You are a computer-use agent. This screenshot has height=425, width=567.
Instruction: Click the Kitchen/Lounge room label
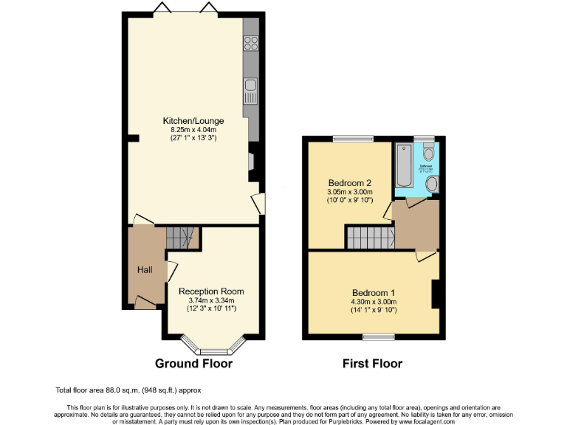coord(193,121)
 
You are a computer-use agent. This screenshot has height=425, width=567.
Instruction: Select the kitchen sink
coord(251,91)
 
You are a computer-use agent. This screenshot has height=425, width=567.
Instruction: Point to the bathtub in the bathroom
coord(404,166)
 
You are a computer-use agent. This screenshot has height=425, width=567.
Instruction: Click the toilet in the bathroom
coord(428,153)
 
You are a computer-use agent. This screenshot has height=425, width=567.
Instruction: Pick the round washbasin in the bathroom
coord(432,184)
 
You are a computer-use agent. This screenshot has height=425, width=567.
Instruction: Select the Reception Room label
coord(211,291)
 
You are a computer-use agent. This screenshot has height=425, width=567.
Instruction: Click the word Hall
coord(144,270)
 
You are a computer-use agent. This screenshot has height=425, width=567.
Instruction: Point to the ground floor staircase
coord(182,238)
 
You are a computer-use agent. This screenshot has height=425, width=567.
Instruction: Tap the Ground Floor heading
coord(193,363)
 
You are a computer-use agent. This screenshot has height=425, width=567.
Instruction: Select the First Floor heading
coord(373,363)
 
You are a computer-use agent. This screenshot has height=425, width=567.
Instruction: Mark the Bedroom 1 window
coord(378,336)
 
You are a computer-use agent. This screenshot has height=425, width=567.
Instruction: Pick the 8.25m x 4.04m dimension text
coord(193,129)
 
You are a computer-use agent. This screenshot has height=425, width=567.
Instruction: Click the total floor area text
coord(128,390)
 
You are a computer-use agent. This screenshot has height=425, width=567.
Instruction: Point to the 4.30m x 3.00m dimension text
coord(374,301)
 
